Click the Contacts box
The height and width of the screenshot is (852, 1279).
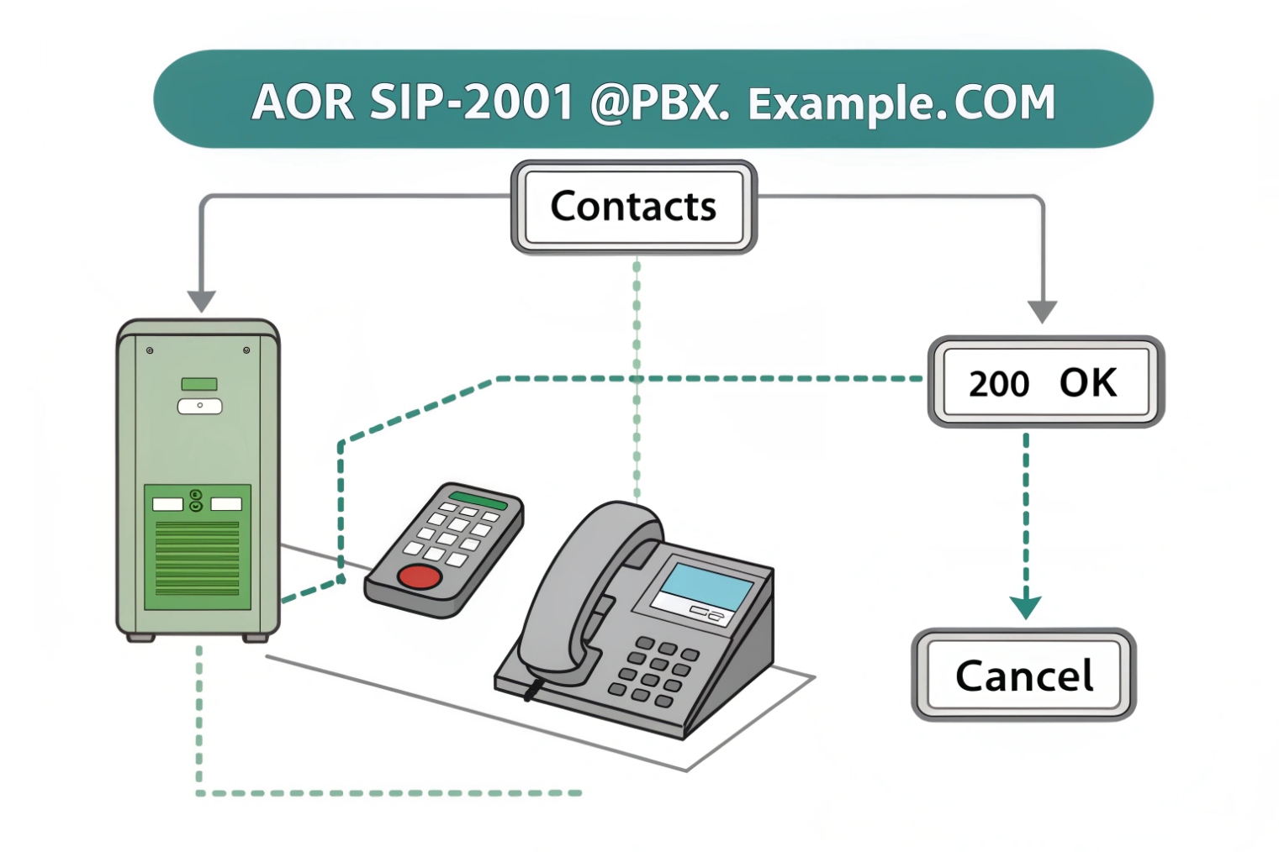[633, 207]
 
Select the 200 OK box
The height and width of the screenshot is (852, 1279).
[1045, 382]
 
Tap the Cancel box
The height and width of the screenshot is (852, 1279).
[1023, 675]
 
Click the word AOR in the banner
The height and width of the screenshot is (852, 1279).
[303, 103]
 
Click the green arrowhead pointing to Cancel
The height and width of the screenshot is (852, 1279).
[1025, 607]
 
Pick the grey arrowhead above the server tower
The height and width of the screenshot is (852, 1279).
[202, 301]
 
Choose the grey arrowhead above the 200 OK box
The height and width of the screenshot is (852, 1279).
[1043, 312]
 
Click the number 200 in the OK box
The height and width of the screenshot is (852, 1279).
[998, 384]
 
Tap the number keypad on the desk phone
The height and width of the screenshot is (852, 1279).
[656, 670]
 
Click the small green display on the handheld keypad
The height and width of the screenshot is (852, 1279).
[478, 502]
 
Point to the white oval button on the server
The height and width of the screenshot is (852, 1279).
[199, 407]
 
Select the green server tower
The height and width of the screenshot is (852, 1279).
[198, 479]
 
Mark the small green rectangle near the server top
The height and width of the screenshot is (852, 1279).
[199, 384]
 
